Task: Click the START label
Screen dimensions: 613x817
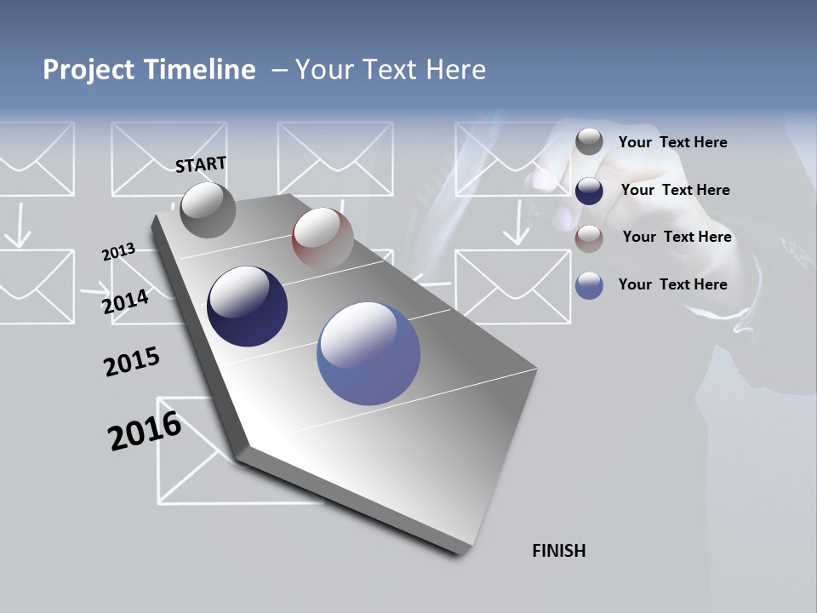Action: pyautogui.click(x=201, y=164)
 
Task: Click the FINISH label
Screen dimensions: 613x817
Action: pyautogui.click(x=559, y=551)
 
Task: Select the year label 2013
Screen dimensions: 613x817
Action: pyautogui.click(x=118, y=252)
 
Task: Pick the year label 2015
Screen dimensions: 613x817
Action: pyautogui.click(x=132, y=362)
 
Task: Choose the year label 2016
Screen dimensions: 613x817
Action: pyautogui.click(x=145, y=431)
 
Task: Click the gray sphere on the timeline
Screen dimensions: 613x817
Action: pyautogui.click(x=209, y=210)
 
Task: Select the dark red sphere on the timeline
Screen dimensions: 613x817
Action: pyautogui.click(x=323, y=238)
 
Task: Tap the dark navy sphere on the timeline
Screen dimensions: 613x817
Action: pyautogui.click(x=248, y=306)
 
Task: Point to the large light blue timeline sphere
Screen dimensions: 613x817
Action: pyautogui.click(x=369, y=353)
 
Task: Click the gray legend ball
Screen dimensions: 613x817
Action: pyautogui.click(x=589, y=142)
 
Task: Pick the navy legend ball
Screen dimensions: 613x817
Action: pyautogui.click(x=589, y=190)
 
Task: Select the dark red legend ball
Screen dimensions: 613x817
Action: pyautogui.click(x=589, y=238)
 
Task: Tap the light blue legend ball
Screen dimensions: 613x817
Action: pyautogui.click(x=589, y=285)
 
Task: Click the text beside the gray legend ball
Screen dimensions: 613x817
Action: pyautogui.click(x=672, y=142)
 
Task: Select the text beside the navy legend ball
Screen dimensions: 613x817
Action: pyautogui.click(x=675, y=190)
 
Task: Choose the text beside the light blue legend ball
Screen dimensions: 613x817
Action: pyautogui.click(x=672, y=284)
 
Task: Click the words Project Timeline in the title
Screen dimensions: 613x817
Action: pyautogui.click(x=149, y=70)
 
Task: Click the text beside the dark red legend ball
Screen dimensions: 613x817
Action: pyautogui.click(x=677, y=237)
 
